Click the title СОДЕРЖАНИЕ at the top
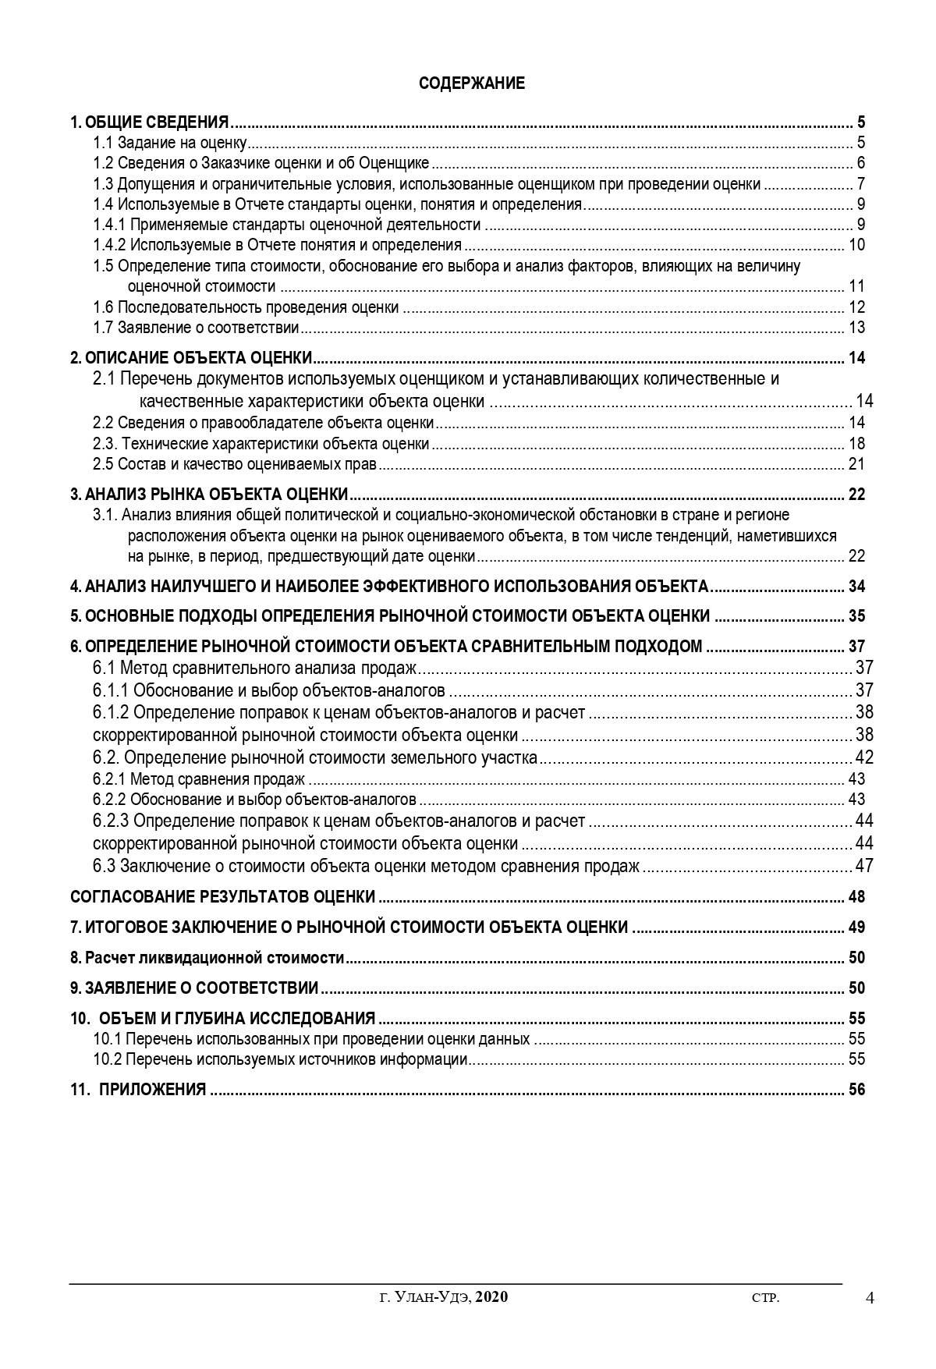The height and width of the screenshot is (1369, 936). pyautogui.click(x=472, y=83)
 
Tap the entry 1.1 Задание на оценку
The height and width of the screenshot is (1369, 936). pyautogui.click(x=170, y=143)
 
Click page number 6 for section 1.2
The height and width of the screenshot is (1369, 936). pyautogui.click(x=860, y=163)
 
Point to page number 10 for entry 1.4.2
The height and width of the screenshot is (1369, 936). pyautogui.click(x=856, y=245)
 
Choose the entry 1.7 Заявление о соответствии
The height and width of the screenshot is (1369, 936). pyautogui.click(x=196, y=328)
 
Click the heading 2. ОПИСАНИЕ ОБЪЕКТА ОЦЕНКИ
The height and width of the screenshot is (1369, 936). pyautogui.click(x=191, y=359)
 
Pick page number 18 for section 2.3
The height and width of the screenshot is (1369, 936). pyautogui.click(x=856, y=444)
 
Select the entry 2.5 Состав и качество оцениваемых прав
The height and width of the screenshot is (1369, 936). pyautogui.click(x=235, y=465)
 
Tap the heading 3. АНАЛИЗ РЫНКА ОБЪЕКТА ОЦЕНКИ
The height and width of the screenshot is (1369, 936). pyautogui.click(x=209, y=495)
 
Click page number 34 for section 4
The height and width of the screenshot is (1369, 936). pyautogui.click(x=856, y=587)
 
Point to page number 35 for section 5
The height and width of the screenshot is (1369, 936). pyautogui.click(x=856, y=616)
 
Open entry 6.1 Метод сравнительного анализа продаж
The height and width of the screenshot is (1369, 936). pyautogui.click(x=255, y=668)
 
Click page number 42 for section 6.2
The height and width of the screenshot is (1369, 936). pyautogui.click(x=864, y=757)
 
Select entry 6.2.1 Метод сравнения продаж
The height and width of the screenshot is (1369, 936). pyautogui.click(x=198, y=779)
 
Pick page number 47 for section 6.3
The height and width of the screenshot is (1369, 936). pyautogui.click(x=864, y=866)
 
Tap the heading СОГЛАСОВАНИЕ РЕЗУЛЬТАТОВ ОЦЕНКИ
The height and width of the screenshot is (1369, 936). pyautogui.click(x=222, y=897)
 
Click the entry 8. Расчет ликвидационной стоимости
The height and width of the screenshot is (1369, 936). pyautogui.click(x=207, y=958)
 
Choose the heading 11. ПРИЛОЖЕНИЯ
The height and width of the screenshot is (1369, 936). pyautogui.click(x=138, y=1090)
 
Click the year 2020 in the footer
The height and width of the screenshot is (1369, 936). pyautogui.click(x=491, y=1297)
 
